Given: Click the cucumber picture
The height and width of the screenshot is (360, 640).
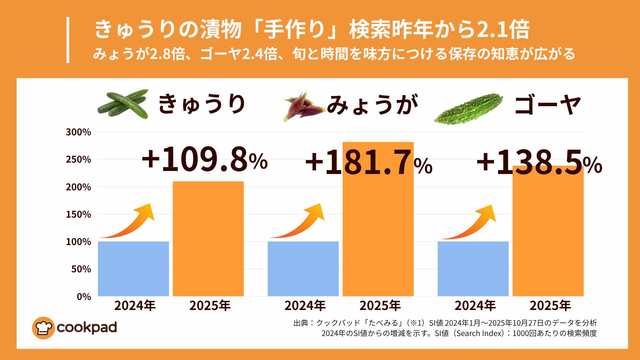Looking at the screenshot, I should pos(123,104).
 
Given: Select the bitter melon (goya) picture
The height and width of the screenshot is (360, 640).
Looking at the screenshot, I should pos(468,109).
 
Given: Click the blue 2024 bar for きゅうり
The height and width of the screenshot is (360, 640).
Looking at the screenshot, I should pos(133,269).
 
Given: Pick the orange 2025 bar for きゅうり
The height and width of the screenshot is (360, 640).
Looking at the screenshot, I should pos(208,239).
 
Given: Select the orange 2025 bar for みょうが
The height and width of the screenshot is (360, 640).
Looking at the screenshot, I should pos(378,233).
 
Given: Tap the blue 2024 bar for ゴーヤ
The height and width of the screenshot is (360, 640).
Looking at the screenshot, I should pos(473,269).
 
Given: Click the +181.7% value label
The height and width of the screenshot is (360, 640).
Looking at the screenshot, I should pos(369,163).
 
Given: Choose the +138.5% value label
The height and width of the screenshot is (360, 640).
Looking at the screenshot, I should pos(539,162).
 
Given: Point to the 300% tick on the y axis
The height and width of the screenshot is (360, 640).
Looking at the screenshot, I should pos(78,132).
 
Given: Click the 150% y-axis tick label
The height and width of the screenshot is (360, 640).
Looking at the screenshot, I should pos(78,214).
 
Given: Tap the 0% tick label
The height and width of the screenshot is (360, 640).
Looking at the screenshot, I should pos(84,296).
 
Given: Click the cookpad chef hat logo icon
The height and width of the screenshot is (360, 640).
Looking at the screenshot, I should pos(43,328).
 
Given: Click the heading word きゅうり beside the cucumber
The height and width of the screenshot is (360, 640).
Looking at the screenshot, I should pos(202,104).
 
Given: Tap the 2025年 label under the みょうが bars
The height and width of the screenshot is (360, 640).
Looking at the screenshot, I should pos(380,306).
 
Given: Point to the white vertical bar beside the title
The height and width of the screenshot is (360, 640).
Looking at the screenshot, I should pos(68,40).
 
